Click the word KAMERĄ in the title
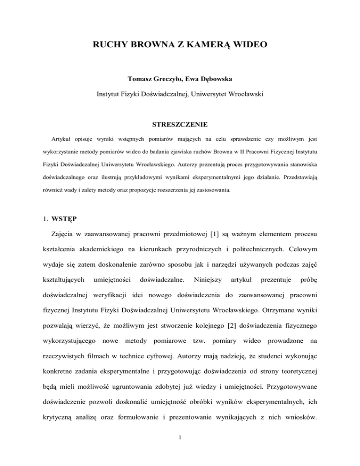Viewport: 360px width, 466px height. point(211,45)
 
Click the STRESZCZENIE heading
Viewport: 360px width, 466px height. point(180,126)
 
